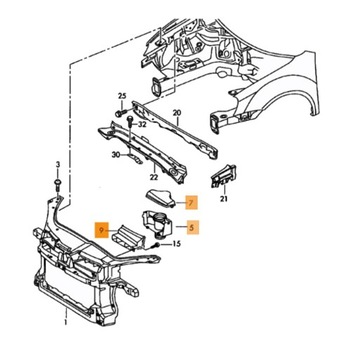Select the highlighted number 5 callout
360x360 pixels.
click(x=192, y=227)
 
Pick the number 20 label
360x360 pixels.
click(x=176, y=113)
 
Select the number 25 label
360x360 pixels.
click(x=122, y=97)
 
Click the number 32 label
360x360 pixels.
click(x=143, y=124)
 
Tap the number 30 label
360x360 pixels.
click(x=117, y=155)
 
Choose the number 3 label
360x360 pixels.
click(x=57, y=163)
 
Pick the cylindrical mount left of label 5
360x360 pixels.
click(x=156, y=225)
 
